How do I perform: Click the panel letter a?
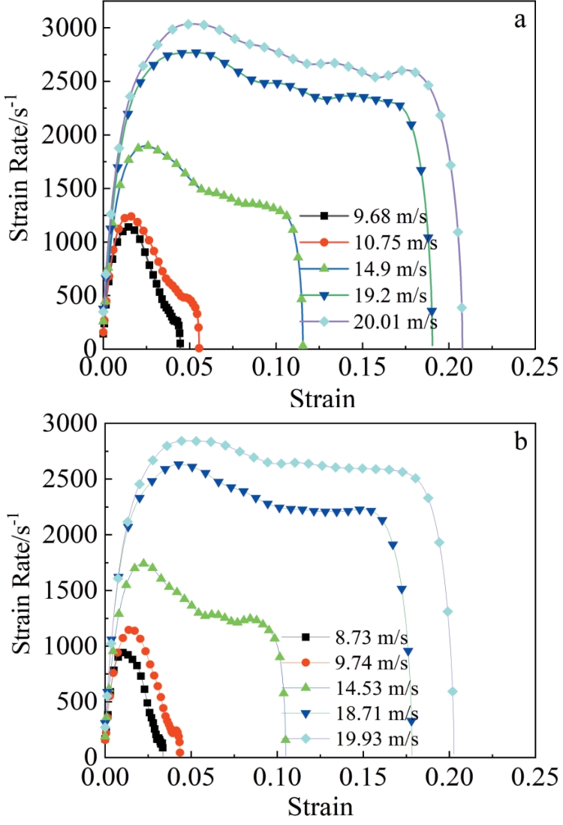519,21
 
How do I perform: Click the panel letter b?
519,440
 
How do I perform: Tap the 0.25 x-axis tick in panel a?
536,367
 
